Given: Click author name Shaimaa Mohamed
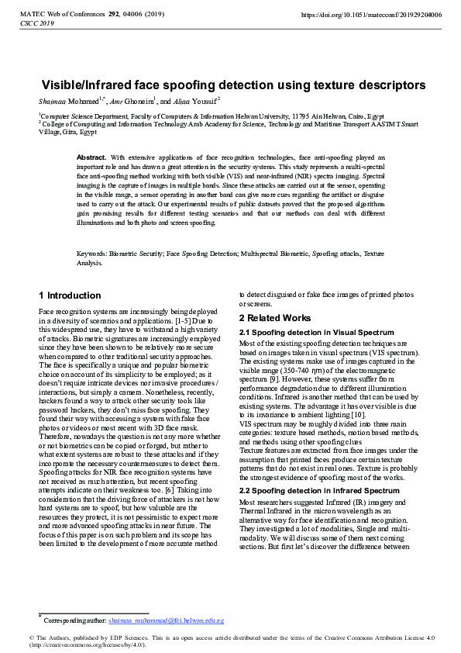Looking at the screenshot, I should tap(65, 101).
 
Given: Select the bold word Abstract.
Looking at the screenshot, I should tap(92, 157).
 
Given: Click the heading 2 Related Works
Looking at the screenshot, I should tap(275, 318).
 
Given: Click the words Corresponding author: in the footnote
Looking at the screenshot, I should tap(74, 621).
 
